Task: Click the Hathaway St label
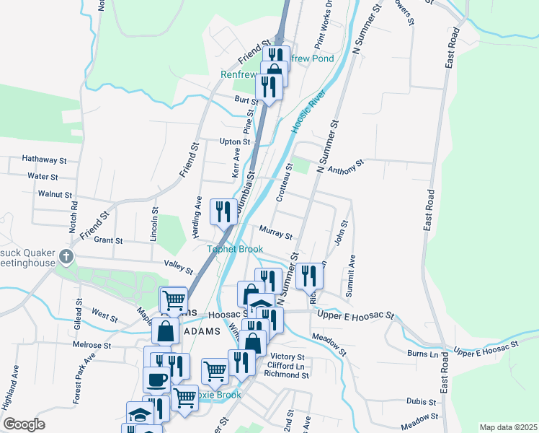click(x=44, y=159)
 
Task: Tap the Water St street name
click(x=43, y=176)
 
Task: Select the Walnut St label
click(x=55, y=194)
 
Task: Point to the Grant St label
click(x=109, y=240)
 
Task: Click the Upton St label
click(x=235, y=141)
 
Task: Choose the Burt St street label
click(x=245, y=100)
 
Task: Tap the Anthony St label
click(x=346, y=167)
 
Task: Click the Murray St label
click(x=276, y=235)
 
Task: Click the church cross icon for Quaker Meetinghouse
click(x=66, y=256)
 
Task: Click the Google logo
click(x=24, y=424)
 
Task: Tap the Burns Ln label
click(x=423, y=354)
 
